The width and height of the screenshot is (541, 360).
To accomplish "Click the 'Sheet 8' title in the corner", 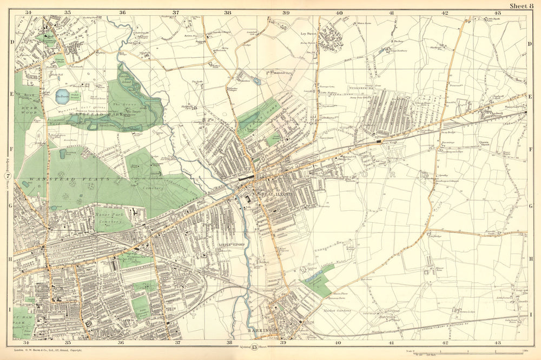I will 522,6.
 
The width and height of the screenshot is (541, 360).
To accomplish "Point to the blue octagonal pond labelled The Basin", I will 62,97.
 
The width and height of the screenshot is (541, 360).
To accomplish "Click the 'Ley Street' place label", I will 308,33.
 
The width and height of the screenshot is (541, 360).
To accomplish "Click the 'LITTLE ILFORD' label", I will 234,244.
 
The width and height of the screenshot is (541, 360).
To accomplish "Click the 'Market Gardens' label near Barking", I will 338,311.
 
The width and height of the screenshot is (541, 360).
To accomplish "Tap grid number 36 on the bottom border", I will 122,343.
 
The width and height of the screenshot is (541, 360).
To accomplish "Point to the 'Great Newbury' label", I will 397,51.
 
